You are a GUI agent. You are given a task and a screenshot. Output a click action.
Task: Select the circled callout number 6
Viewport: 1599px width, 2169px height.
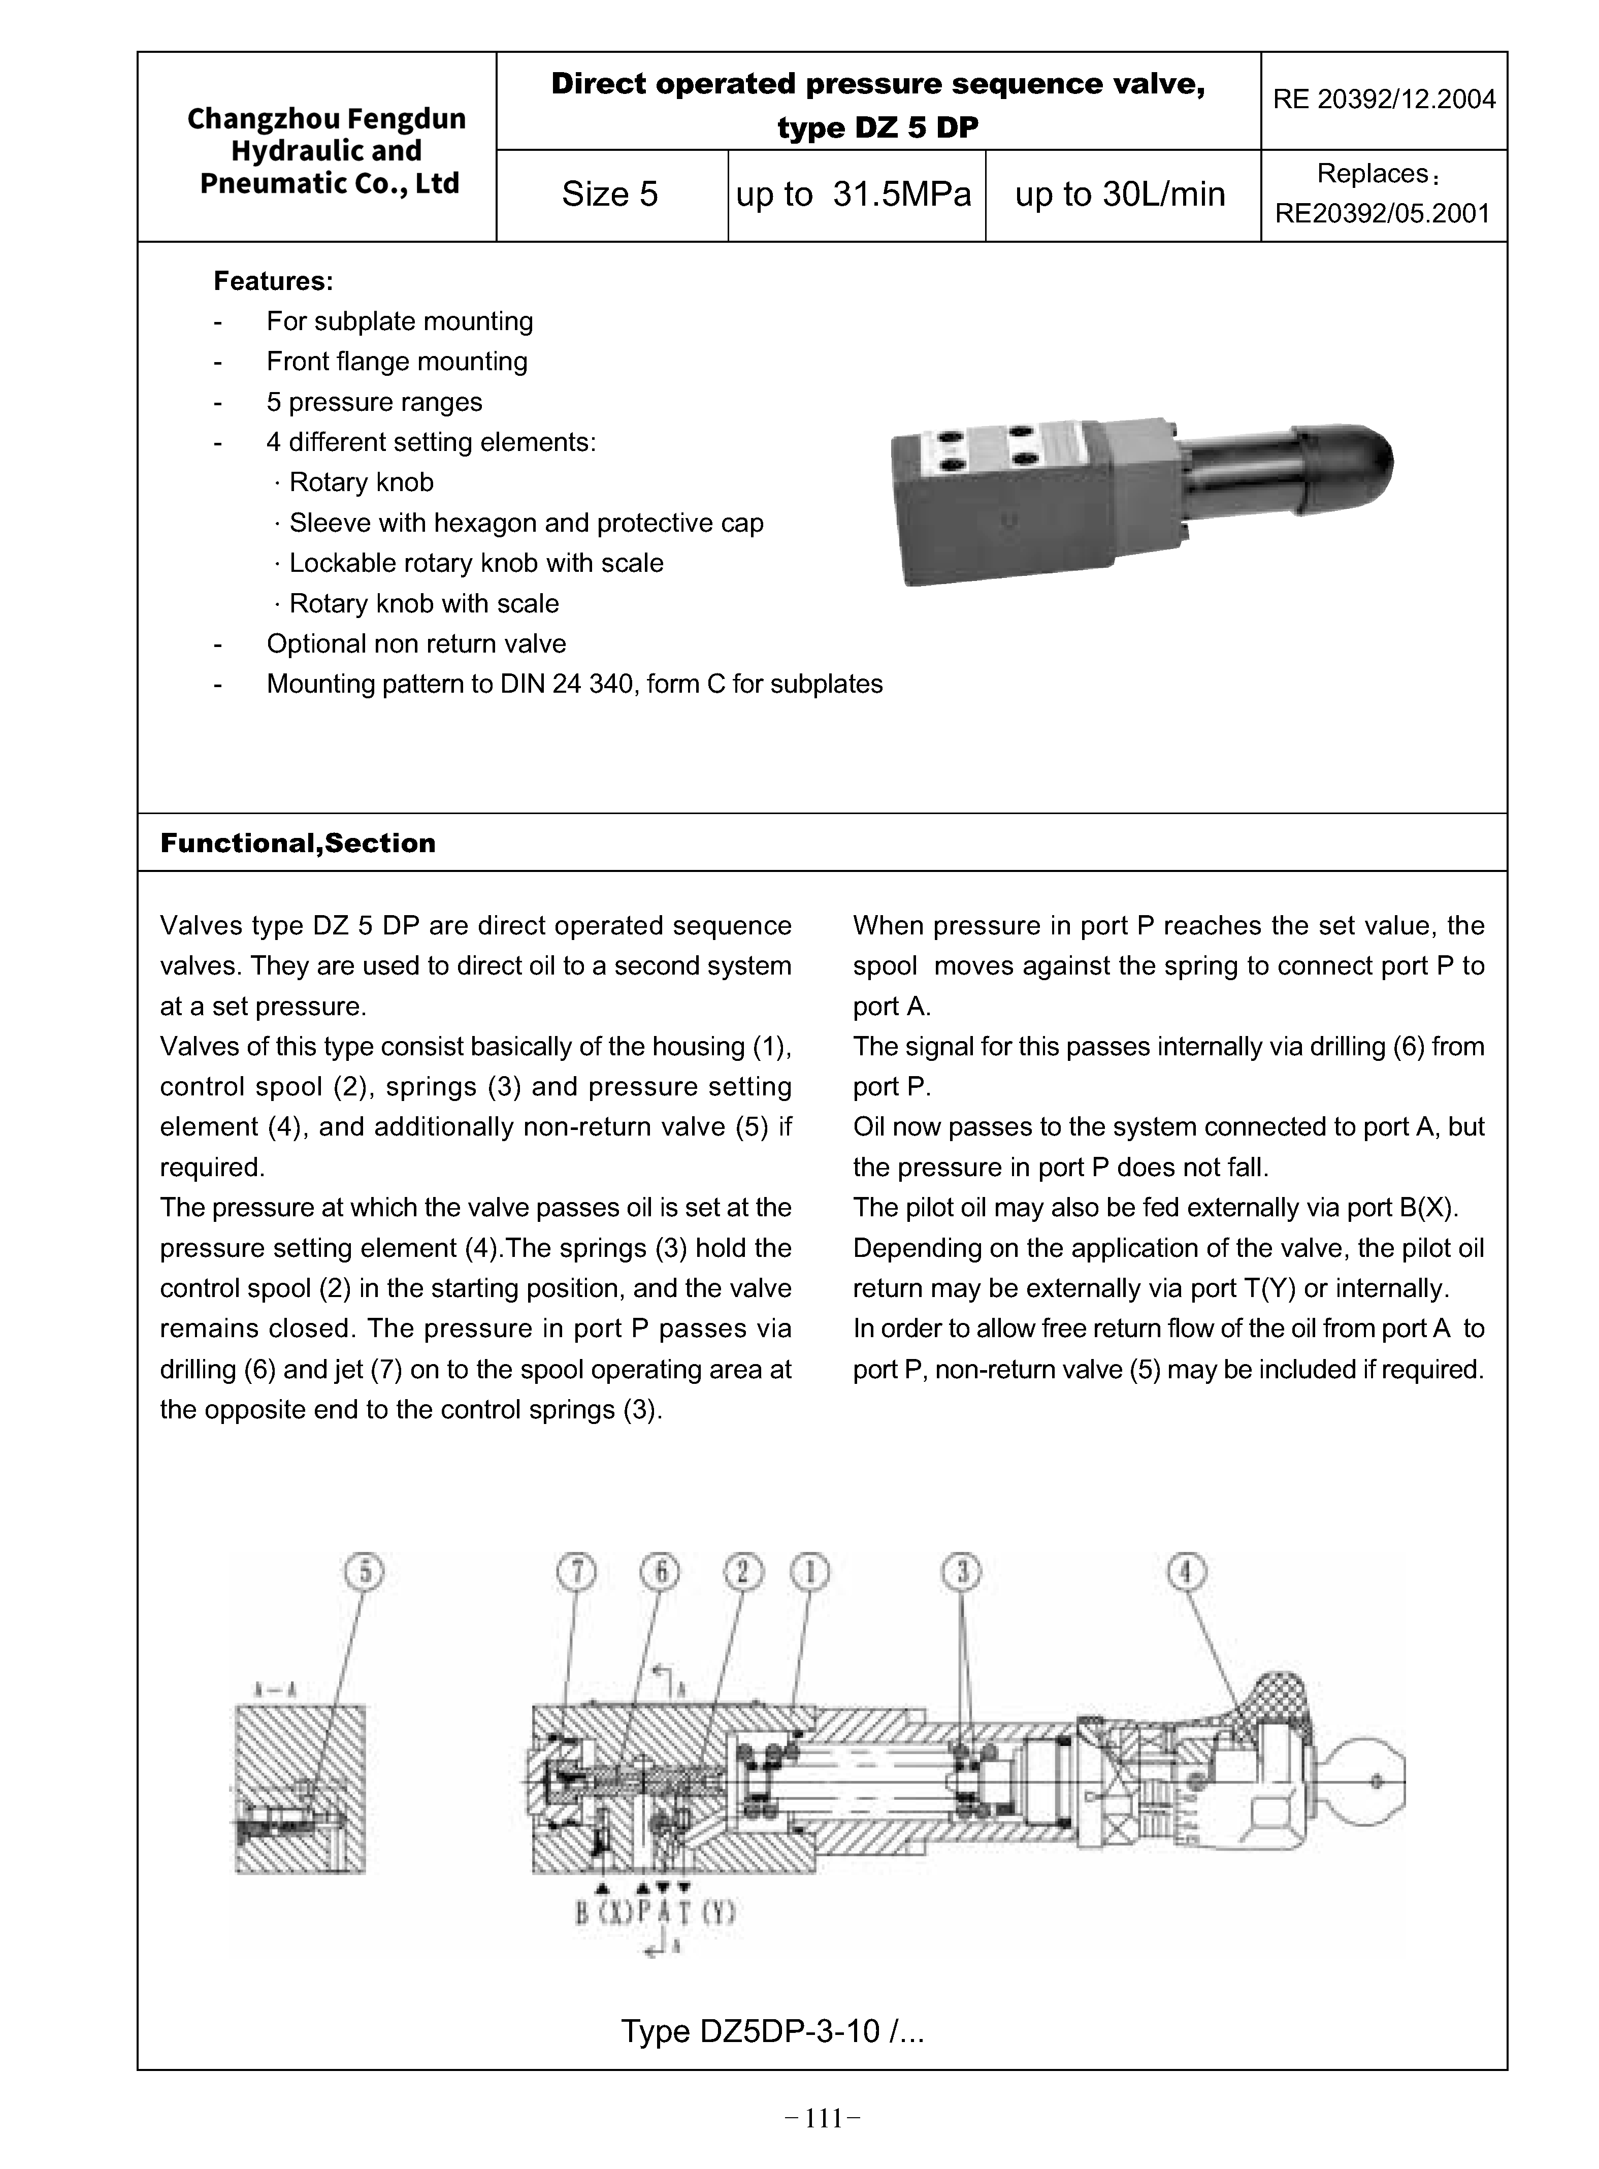(x=660, y=1573)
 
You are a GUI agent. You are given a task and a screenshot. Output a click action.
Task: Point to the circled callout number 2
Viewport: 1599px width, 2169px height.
(x=743, y=1573)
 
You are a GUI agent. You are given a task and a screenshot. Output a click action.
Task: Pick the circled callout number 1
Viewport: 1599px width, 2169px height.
(x=810, y=1573)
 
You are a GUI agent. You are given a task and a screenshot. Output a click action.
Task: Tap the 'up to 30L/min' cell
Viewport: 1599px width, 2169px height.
(x=1120, y=195)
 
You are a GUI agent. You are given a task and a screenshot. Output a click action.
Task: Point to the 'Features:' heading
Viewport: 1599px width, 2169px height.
(x=273, y=282)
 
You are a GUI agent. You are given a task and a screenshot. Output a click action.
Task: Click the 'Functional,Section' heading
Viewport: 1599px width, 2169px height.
(x=298, y=843)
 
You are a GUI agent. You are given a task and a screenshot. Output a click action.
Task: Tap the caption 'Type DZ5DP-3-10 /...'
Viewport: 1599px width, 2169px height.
(x=772, y=2030)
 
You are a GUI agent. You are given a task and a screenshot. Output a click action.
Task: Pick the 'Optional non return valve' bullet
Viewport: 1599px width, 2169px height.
(x=416, y=643)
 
